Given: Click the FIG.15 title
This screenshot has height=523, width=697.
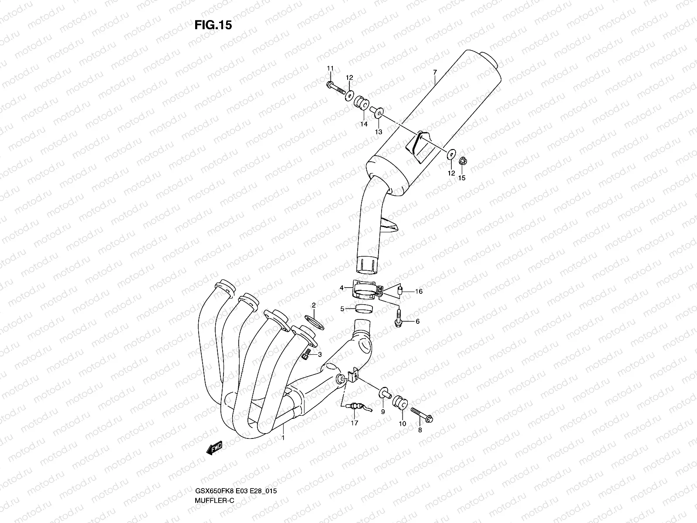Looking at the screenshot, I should pos(213,25).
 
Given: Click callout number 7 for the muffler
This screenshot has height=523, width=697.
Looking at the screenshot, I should pos(435,72).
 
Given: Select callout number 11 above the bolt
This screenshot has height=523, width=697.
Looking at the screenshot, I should pos(330,68).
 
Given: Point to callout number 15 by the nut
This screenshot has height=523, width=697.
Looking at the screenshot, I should pos(462,178).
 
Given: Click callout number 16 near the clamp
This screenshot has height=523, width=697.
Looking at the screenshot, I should pos(419,292).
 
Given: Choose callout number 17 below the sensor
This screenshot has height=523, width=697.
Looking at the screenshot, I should pos(354,423).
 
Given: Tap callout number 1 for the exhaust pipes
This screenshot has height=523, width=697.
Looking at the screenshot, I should pos(284,437).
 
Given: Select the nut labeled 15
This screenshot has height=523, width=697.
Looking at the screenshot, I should pos(463,162).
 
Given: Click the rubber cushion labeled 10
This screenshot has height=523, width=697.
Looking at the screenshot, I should pos(400,404).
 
